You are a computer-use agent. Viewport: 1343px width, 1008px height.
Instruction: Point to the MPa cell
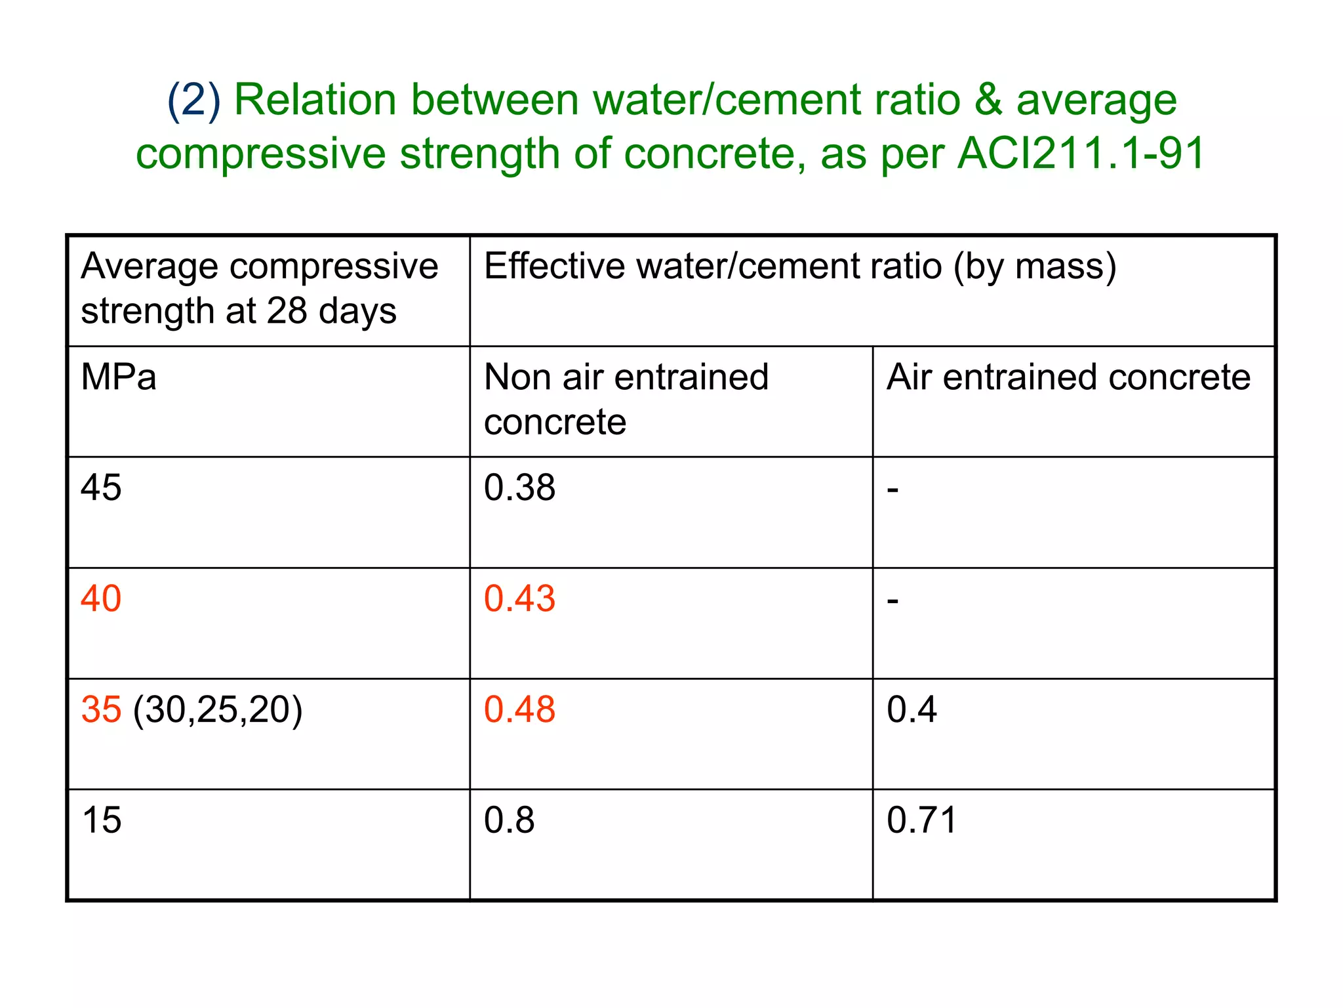pos(119,378)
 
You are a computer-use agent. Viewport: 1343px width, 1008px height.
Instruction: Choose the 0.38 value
pos(519,488)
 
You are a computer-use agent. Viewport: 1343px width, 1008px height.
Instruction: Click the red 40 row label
pos(101,599)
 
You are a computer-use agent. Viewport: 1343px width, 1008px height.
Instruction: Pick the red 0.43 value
pos(519,599)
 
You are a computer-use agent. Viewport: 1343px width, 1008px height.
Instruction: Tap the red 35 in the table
pos(101,710)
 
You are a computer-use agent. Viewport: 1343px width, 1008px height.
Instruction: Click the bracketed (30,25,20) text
pos(218,710)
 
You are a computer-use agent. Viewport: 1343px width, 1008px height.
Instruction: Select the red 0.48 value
pos(519,710)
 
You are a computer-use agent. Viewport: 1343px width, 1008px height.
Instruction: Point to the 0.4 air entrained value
pos(912,710)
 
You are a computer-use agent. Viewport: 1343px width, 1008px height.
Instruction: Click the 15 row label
pos(101,821)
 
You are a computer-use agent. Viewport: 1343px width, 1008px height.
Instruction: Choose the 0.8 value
pos(509,821)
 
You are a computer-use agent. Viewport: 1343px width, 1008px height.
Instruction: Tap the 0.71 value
pos(921,821)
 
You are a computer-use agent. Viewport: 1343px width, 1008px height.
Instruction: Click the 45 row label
pos(101,488)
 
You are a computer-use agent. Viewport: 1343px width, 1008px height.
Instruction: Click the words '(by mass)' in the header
pos(1034,267)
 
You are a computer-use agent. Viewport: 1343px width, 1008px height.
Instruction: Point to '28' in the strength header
pos(287,311)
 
